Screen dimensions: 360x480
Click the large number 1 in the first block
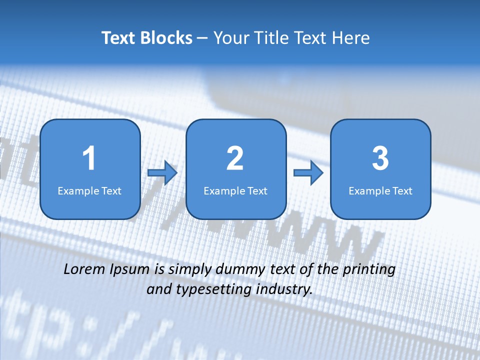pos(89,158)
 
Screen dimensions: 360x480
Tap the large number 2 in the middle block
pos(235,158)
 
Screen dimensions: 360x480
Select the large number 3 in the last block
pos(380,158)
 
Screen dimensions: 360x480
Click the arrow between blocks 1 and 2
pos(163,173)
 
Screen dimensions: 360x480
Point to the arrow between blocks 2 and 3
pos(308,173)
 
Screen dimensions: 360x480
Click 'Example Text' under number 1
pos(89,190)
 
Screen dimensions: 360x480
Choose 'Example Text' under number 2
pos(235,190)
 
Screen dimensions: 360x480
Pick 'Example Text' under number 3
pos(380,190)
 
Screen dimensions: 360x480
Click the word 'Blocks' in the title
pos(166,38)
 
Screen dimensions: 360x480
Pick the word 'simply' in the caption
pos(190,270)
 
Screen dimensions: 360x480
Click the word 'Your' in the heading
pos(231,38)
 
